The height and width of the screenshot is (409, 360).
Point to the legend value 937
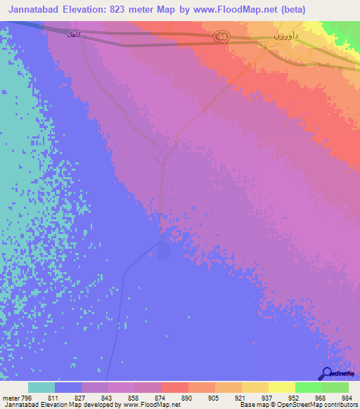pos(266,398)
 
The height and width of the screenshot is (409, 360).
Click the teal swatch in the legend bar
pos(41,387)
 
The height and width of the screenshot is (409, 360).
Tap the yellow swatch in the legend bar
pos(281,387)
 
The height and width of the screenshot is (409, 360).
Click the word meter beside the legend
pos(11,398)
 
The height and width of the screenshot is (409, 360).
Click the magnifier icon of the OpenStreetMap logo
pos(326,373)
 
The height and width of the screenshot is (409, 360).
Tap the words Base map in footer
pos(252,405)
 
